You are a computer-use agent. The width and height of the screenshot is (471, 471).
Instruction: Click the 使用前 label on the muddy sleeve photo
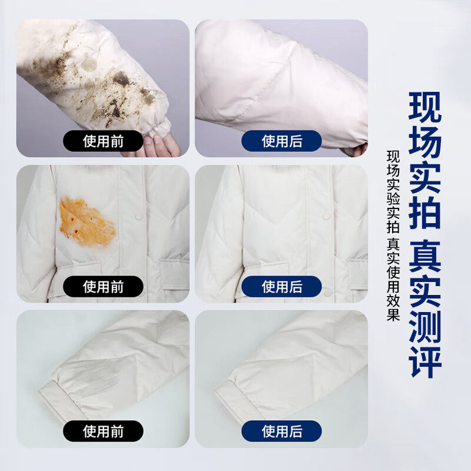(x=103, y=141)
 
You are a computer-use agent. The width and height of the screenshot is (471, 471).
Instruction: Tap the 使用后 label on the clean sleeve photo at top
(x=282, y=141)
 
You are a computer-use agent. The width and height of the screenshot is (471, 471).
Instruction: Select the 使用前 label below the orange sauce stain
(x=103, y=287)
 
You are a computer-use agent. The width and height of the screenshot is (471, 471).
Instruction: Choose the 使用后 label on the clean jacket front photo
(x=282, y=287)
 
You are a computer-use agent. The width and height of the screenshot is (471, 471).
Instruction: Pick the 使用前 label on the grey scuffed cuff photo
(x=103, y=431)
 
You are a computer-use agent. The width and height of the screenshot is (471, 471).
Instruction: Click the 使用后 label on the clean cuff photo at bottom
(x=282, y=431)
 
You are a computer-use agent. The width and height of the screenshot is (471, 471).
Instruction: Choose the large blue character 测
(x=424, y=330)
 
